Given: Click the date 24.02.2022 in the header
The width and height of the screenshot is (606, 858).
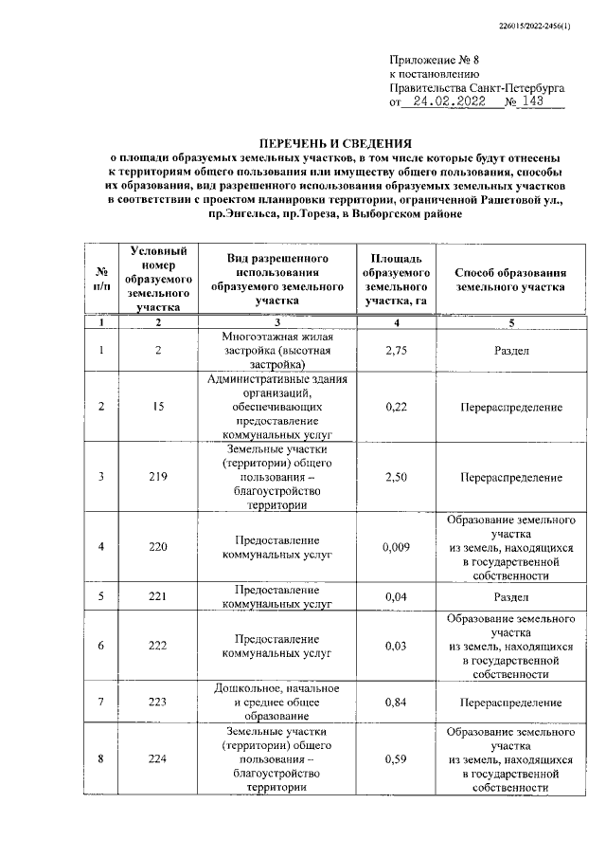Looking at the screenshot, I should [452, 101].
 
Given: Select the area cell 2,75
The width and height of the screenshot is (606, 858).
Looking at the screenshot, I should [389, 350].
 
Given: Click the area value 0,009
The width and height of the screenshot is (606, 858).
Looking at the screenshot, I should [389, 546].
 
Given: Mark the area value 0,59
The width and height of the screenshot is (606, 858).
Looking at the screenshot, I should [389, 758].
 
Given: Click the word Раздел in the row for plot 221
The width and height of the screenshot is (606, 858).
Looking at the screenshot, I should [510, 596].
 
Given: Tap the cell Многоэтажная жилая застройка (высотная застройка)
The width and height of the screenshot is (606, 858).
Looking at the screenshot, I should [276, 350].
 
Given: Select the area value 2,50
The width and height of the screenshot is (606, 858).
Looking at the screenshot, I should [389, 476].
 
